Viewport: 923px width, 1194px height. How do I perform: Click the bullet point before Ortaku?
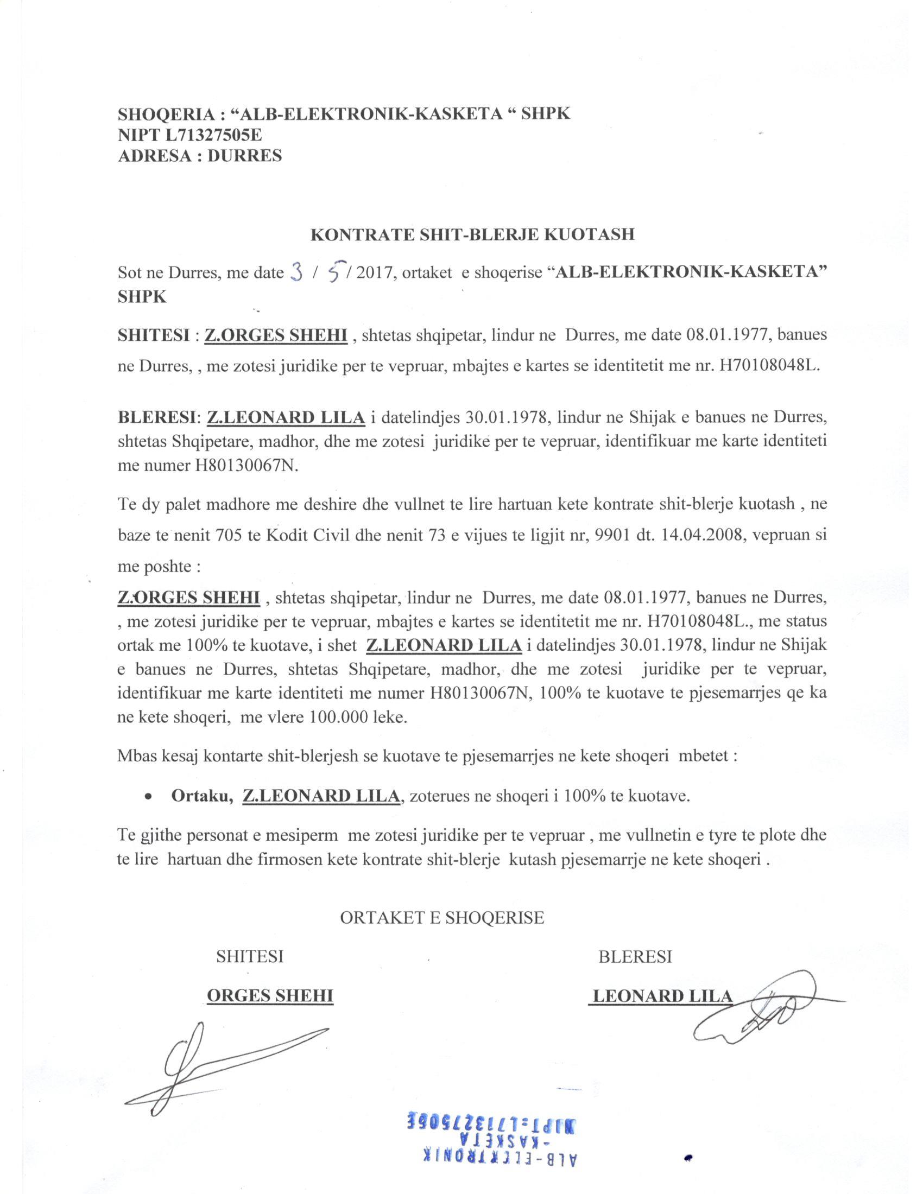[148, 799]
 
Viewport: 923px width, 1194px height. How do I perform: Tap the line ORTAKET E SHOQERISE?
[442, 917]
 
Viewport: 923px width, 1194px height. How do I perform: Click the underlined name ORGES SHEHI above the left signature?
[270, 996]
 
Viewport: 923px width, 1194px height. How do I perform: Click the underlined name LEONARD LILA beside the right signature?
[662, 996]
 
